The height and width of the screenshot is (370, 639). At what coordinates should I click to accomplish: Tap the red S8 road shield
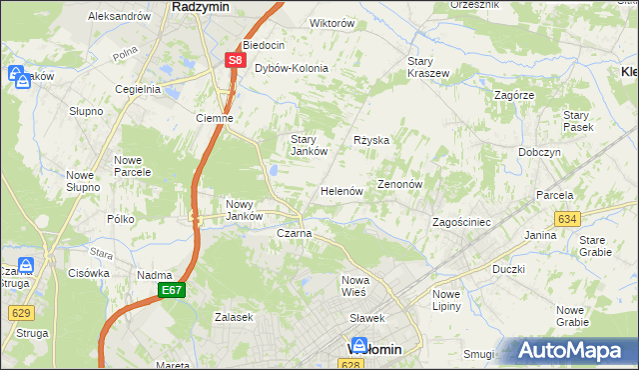pyautogui.click(x=234, y=60)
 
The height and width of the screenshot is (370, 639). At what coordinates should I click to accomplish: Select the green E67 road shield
pyautogui.click(x=170, y=290)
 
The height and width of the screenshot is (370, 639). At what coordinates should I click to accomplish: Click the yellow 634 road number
pyautogui.click(x=567, y=218)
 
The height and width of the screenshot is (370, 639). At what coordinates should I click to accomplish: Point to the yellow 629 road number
pyautogui.click(x=21, y=312)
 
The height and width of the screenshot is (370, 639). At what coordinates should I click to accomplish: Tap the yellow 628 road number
pyautogui.click(x=350, y=365)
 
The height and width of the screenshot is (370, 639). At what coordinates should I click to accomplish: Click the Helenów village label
pyautogui.click(x=340, y=190)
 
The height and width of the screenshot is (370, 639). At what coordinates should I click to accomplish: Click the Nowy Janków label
pyautogui.click(x=244, y=210)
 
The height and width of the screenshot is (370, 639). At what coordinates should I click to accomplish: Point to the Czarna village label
pyautogui.click(x=295, y=233)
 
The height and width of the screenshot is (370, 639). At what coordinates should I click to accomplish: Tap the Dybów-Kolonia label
pyautogui.click(x=292, y=68)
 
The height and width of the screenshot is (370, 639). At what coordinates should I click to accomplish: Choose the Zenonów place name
pyautogui.click(x=401, y=185)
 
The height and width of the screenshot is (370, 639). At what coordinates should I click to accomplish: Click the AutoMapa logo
pyautogui.click(x=570, y=351)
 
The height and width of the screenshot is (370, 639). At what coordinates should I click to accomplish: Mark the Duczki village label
pyautogui.click(x=508, y=269)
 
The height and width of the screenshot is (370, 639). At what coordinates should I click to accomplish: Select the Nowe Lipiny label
pyautogui.click(x=446, y=299)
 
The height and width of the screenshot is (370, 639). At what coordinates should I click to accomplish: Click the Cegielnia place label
pyautogui.click(x=138, y=88)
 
